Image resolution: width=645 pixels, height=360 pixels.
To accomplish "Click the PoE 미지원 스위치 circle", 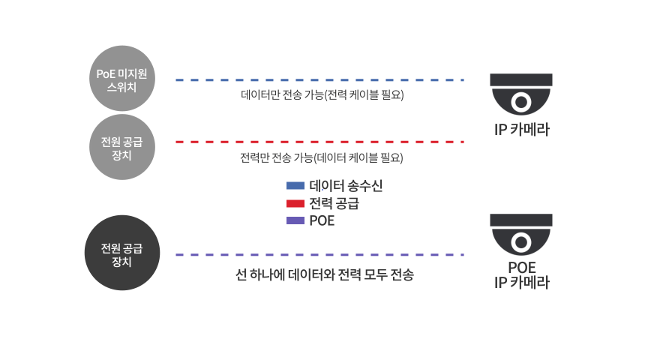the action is click(122, 78).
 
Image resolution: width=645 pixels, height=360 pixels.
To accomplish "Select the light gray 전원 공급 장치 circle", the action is click(122, 147).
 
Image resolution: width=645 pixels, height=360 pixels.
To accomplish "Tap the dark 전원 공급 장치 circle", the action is click(122, 253).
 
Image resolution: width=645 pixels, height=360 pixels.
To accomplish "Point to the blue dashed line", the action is click(319, 79).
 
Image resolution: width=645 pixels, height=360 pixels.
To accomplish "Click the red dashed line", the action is click(319, 142).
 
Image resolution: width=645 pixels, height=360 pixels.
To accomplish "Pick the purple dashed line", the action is click(319, 255).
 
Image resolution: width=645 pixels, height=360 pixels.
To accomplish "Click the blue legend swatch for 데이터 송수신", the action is click(295, 185).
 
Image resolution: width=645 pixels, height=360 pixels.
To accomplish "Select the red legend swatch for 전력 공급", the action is click(295, 203).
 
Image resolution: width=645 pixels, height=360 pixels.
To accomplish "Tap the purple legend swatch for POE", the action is click(295, 220).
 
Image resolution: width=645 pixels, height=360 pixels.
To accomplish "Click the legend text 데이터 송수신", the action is click(346, 185).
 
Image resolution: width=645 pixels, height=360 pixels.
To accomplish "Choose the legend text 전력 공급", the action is click(334, 203).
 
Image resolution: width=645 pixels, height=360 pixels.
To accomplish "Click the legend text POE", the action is click(322, 220).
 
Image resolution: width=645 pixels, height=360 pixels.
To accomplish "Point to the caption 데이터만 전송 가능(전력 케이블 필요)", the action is click(322, 94).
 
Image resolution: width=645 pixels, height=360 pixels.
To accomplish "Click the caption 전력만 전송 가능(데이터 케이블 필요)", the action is click(322, 157).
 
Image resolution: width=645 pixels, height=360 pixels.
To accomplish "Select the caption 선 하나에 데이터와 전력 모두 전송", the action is click(325, 274).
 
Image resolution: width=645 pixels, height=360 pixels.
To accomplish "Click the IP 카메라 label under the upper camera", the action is click(521, 129).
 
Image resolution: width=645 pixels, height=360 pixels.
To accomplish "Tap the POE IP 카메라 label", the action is click(521, 274).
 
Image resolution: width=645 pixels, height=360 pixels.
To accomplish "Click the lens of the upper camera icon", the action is click(521, 102).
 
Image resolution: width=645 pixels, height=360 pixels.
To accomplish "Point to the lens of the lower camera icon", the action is click(521, 242).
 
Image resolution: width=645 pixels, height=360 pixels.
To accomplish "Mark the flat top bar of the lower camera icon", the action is click(521, 220).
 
